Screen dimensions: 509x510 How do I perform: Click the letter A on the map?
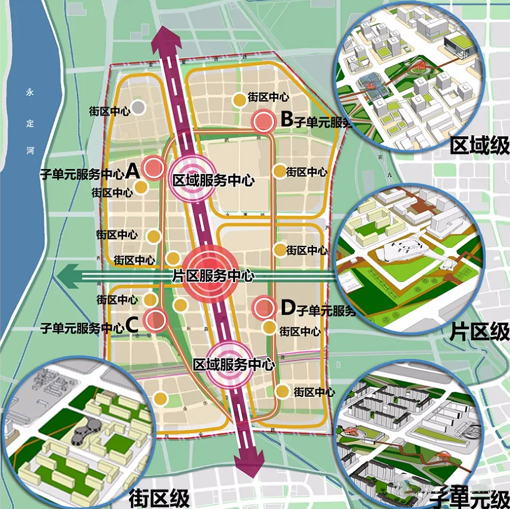click(x=132, y=170)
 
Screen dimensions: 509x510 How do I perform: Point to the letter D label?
click(x=287, y=308)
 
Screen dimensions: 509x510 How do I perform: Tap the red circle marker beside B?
click(x=263, y=122)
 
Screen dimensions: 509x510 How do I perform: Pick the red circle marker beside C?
click(x=155, y=319)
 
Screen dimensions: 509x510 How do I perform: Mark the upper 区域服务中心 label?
click(x=213, y=181)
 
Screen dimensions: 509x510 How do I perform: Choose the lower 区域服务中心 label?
click(x=234, y=364)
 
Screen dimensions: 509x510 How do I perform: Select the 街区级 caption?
click(x=159, y=496)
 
